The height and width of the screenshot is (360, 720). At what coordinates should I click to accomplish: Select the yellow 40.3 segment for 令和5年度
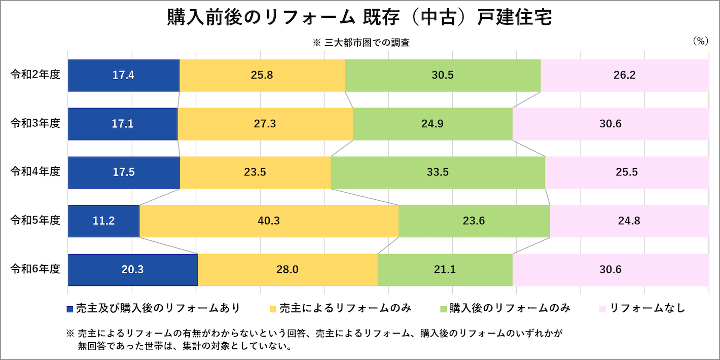coord(269,221)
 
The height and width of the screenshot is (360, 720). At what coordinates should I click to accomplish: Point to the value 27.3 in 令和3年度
coord(265,124)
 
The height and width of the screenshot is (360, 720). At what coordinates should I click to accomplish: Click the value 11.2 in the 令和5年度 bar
coord(104,221)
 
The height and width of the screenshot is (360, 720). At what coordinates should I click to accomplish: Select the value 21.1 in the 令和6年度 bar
coord(445,270)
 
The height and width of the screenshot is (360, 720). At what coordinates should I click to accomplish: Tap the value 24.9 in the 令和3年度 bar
coord(433,124)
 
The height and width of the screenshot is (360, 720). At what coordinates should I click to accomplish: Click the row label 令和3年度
coord(35,123)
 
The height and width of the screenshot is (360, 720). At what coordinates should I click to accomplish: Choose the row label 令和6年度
coord(35,269)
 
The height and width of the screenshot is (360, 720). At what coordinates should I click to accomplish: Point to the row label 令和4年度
coord(35,172)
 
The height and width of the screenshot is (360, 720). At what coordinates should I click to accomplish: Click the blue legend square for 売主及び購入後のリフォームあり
coord(70,309)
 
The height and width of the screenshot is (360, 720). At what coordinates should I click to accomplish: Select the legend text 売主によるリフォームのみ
coord(345,308)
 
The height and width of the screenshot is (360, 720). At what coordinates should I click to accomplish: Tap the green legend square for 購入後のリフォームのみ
coord(443,309)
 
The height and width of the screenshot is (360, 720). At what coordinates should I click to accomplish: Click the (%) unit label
coord(700,42)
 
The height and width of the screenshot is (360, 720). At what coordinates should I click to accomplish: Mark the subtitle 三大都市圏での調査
coord(367,43)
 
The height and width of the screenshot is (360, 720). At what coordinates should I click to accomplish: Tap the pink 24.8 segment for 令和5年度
coord(629,221)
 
